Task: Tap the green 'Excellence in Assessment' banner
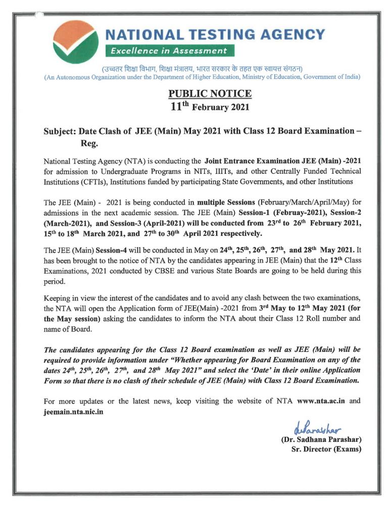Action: click(169, 50)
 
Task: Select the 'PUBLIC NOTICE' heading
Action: click(209, 94)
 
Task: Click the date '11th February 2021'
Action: click(209, 107)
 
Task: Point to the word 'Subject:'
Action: click(60, 131)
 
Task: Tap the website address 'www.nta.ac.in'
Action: click(321, 401)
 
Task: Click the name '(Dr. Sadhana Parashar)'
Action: click(321, 440)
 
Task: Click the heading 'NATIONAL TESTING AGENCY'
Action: click(215, 34)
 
